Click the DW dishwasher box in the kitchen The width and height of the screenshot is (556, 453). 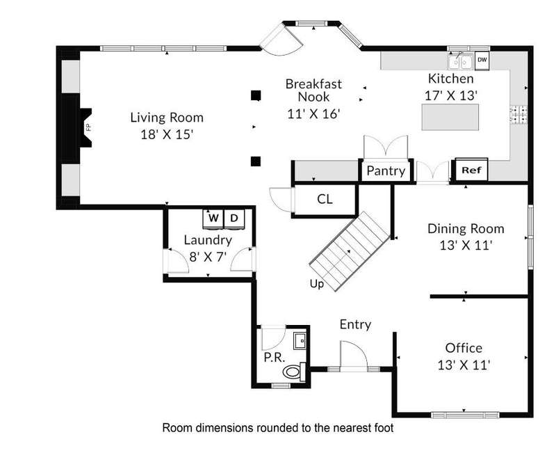click(482, 60)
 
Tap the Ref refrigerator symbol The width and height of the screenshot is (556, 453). click(472, 170)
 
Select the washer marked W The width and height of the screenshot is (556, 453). click(213, 218)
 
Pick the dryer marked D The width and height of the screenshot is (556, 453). click(234, 218)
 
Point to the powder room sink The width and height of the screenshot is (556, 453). click(300, 341)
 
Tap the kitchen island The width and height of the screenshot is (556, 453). click(450, 117)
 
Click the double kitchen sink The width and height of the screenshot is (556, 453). click(460, 63)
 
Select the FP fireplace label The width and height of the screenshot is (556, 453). click(89, 127)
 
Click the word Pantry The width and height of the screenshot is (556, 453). click(386, 170)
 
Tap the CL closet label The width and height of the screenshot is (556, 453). click(325, 199)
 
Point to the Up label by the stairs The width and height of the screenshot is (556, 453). click(317, 284)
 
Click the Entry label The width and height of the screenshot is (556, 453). click(355, 324)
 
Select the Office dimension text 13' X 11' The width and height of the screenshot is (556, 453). click(464, 365)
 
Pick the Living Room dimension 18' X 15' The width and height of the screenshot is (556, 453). click(167, 134)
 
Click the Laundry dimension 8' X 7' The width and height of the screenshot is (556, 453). click(208, 256)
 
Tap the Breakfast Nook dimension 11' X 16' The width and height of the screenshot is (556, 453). click(314, 113)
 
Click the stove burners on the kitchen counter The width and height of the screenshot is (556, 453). click(518, 115)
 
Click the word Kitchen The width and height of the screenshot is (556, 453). click(450, 78)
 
